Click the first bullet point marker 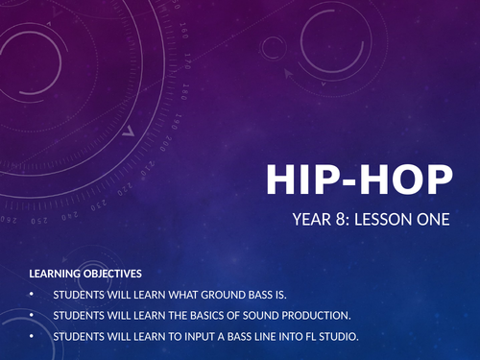pyautogui.click(x=31, y=294)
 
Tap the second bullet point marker pyautogui.click(x=31, y=315)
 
